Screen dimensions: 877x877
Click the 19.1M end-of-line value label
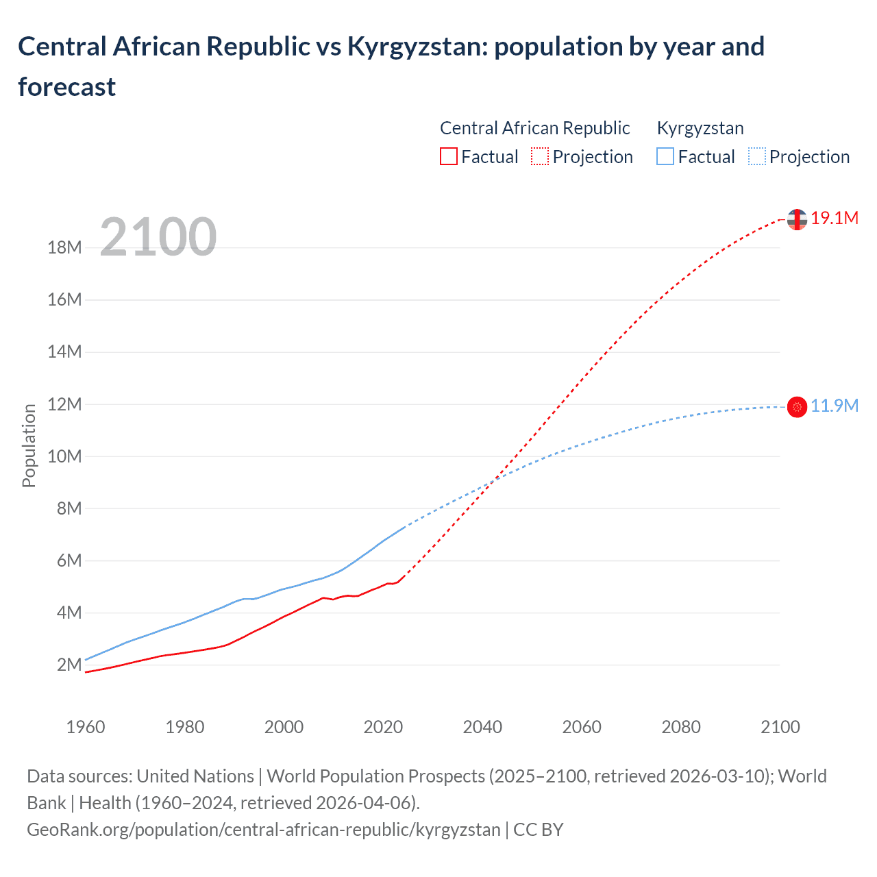pyautogui.click(x=834, y=218)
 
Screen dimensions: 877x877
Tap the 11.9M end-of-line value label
pyautogui.click(x=834, y=406)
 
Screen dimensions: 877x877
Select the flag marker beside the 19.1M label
pyautogui.click(x=797, y=219)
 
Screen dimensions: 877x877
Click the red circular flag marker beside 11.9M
pyautogui.click(x=797, y=407)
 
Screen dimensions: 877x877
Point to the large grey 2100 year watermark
pyautogui.click(x=158, y=237)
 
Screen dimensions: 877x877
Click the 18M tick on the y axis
pyautogui.click(x=64, y=247)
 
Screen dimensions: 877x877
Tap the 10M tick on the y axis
pyautogui.click(x=64, y=456)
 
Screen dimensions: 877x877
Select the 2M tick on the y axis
pyautogui.click(x=69, y=665)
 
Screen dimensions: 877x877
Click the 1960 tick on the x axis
pyautogui.click(x=86, y=727)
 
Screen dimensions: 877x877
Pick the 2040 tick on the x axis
pyautogui.click(x=482, y=727)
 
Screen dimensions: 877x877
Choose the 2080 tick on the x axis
pyautogui.click(x=681, y=727)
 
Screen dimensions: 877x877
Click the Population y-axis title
pyautogui.click(x=29, y=445)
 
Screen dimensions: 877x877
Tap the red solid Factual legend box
pyautogui.click(x=448, y=157)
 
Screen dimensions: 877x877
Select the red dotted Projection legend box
pyautogui.click(x=540, y=157)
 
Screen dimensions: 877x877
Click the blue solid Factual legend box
pyautogui.click(x=665, y=157)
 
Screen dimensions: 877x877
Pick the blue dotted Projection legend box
pyautogui.click(x=757, y=157)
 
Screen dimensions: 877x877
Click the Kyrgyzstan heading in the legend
pyautogui.click(x=700, y=128)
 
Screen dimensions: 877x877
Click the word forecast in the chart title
pyautogui.click(x=67, y=87)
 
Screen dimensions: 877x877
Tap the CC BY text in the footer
pyautogui.click(x=539, y=829)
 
